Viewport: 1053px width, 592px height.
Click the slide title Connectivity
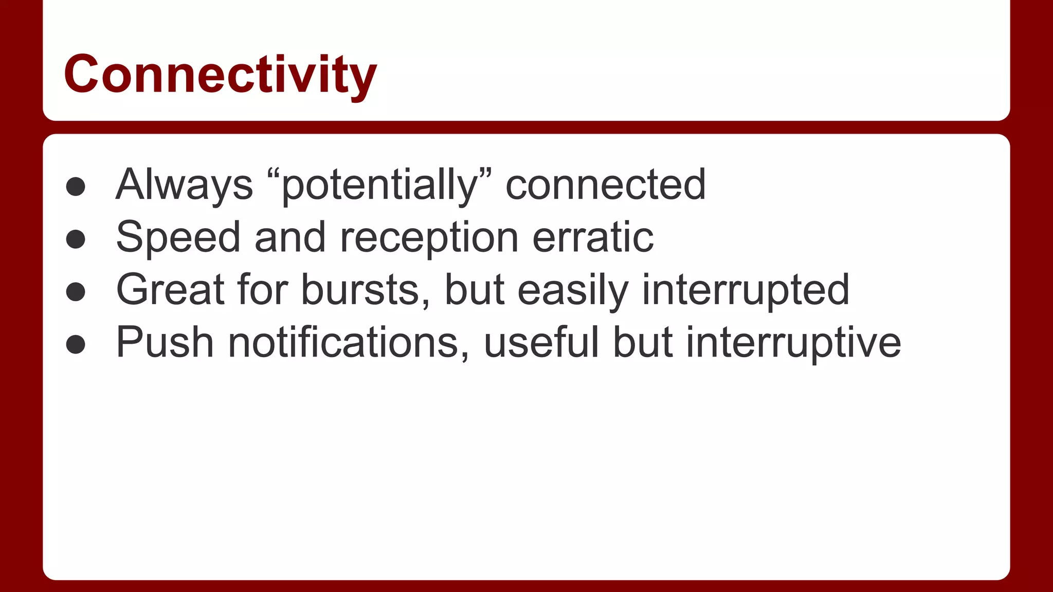[x=220, y=75]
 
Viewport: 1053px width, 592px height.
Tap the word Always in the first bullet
[x=184, y=185]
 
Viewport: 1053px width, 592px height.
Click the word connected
[x=606, y=185]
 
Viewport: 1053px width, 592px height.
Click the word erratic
[x=593, y=237]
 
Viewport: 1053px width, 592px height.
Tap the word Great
[x=170, y=290]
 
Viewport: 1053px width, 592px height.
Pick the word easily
[x=573, y=291]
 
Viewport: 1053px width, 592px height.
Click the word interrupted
[x=746, y=291]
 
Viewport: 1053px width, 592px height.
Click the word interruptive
[x=793, y=343]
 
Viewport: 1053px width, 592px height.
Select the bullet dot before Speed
[x=76, y=239]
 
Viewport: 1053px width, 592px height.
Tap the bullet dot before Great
[x=76, y=292]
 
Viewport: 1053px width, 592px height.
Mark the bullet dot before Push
[x=76, y=344]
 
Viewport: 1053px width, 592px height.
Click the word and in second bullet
[x=290, y=237]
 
